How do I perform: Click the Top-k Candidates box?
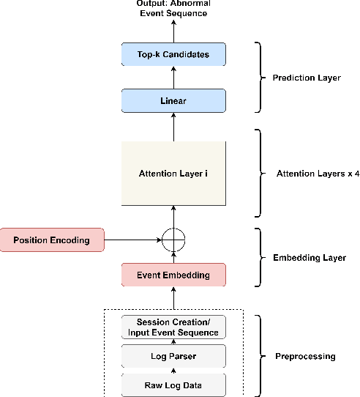(173, 54)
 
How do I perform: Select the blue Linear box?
(173, 101)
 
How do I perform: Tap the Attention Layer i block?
(173, 174)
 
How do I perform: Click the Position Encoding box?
(53, 240)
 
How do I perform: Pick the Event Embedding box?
(173, 275)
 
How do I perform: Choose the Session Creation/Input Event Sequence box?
(173, 327)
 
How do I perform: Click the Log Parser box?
(173, 357)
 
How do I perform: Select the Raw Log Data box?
(173, 383)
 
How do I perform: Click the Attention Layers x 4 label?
(307, 174)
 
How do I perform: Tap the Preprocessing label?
(304, 356)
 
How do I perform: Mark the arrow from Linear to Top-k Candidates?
(173, 78)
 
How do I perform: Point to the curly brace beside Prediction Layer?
(258, 78)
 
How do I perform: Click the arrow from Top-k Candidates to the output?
(173, 31)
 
